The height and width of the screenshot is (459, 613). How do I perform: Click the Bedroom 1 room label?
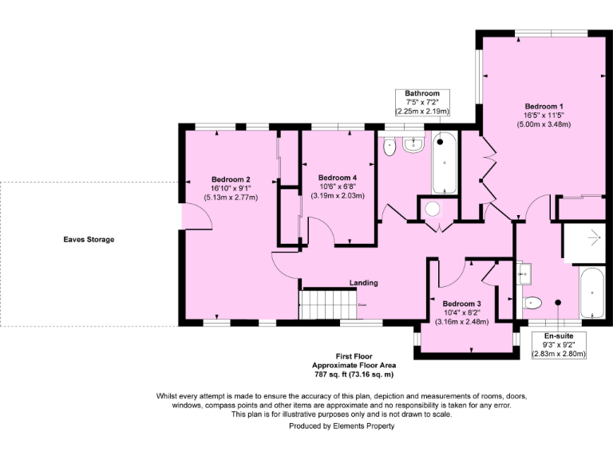click(x=544, y=106)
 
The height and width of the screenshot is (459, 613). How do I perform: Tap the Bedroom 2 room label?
click(x=231, y=179)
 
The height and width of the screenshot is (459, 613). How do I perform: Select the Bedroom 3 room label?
click(x=461, y=304)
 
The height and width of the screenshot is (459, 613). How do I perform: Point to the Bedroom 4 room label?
click(x=338, y=178)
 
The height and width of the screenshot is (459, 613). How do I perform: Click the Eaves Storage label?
click(x=89, y=240)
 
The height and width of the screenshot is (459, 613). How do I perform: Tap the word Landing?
click(x=364, y=283)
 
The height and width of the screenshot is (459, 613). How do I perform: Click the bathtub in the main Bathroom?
click(x=444, y=163)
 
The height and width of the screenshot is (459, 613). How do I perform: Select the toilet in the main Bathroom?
click(x=390, y=147)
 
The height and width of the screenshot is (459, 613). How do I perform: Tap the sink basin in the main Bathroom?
click(x=413, y=145)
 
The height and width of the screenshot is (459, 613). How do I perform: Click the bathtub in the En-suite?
click(x=592, y=292)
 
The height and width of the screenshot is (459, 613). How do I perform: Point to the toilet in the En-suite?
click(x=532, y=303)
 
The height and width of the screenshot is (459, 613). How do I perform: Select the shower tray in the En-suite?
click(x=583, y=243)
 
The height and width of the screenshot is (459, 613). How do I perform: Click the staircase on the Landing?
click(x=328, y=304)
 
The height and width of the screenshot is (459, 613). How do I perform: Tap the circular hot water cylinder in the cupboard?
click(x=433, y=209)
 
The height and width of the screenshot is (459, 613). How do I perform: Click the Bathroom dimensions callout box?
click(x=422, y=102)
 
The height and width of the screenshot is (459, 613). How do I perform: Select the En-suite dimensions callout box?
click(x=559, y=345)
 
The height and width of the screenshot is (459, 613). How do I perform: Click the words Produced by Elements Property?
click(x=342, y=426)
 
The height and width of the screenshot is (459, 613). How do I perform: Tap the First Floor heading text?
click(x=354, y=356)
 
